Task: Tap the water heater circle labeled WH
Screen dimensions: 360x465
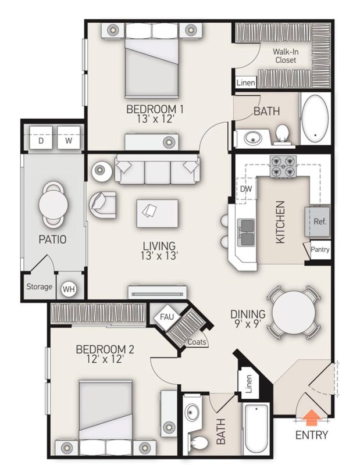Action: point(69,288)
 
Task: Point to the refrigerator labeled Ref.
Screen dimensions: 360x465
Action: point(318,221)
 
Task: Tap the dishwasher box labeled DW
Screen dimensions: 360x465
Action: point(247,188)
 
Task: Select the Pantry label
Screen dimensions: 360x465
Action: point(320,249)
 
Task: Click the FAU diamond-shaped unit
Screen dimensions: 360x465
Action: point(167,317)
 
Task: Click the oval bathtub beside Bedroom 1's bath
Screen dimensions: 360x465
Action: point(315,119)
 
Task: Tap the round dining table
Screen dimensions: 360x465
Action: point(294,312)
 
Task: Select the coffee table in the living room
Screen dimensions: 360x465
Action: point(157,213)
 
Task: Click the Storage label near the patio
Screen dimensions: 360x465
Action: point(39,287)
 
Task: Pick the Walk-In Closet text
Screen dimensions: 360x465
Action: point(286,56)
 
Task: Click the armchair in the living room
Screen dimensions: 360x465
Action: point(102,205)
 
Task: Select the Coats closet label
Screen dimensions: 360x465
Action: point(197,342)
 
